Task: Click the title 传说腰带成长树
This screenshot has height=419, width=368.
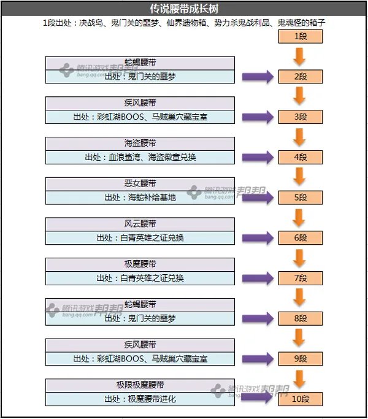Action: [x=183, y=9]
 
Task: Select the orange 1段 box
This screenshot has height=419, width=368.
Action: [x=300, y=36]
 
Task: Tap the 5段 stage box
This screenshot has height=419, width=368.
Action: [x=300, y=198]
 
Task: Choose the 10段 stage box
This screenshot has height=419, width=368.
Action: [x=300, y=399]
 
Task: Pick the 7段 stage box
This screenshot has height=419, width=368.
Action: [x=300, y=278]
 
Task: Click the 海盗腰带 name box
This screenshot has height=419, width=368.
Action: [x=140, y=144]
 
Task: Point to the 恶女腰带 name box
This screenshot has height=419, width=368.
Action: [x=140, y=184]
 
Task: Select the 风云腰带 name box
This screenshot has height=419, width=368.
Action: [x=140, y=224]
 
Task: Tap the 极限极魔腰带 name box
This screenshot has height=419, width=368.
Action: [x=140, y=385]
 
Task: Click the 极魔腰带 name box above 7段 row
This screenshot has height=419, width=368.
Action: [x=140, y=264]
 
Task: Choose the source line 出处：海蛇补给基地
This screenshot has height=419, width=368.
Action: [x=140, y=198]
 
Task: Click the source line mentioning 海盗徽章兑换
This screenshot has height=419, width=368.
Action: [x=140, y=157]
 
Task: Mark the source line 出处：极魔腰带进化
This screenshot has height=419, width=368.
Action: [x=140, y=399]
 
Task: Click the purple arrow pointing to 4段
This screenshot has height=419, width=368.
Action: [x=257, y=157]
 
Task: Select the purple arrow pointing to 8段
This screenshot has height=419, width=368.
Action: [x=257, y=318]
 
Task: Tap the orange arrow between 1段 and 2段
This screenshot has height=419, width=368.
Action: [x=300, y=56]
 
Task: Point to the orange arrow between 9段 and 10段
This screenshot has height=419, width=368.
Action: [x=300, y=379]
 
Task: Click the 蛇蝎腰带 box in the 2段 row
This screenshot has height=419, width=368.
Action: [x=140, y=63]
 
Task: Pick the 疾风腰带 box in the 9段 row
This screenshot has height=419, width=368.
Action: [x=140, y=345]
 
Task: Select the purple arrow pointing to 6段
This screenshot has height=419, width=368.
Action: [x=257, y=237]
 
